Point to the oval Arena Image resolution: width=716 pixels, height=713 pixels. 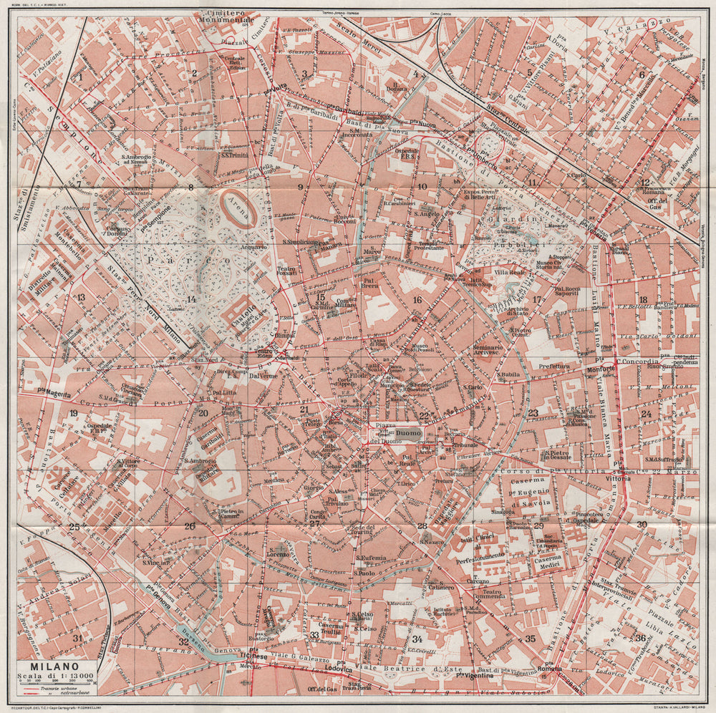[236, 208]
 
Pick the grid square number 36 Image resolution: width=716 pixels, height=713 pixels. [640, 637]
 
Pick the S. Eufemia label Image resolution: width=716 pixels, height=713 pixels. [371, 558]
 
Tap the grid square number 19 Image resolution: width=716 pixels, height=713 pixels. [73, 414]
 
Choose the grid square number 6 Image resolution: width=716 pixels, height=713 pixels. [642, 74]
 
